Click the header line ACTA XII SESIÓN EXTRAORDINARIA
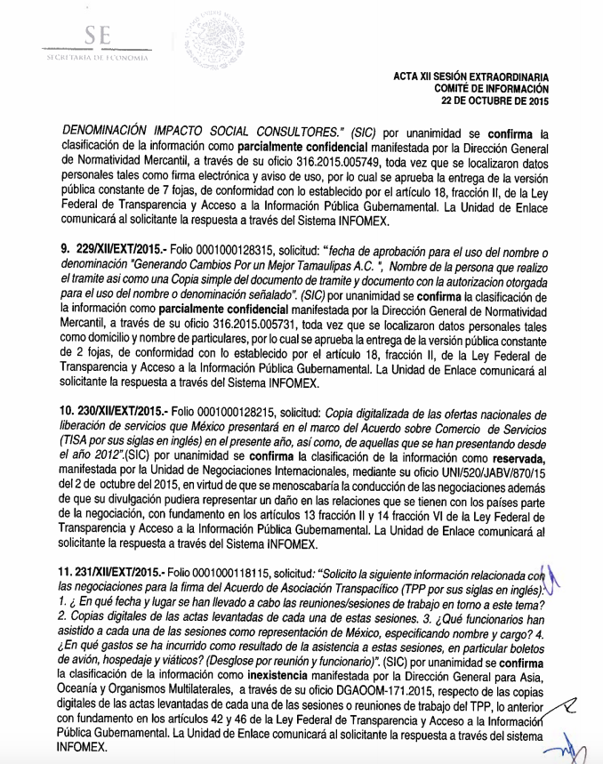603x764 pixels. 470,77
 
